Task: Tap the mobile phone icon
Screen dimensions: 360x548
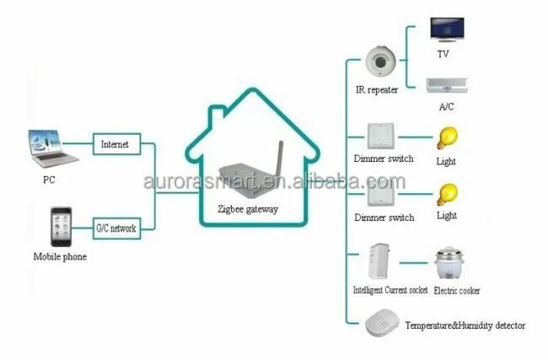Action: (x=60, y=225)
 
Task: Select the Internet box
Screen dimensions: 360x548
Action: (x=115, y=144)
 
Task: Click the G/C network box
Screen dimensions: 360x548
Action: (x=116, y=227)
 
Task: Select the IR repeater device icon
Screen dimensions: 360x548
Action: (x=381, y=61)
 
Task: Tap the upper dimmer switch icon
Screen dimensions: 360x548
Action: (x=380, y=137)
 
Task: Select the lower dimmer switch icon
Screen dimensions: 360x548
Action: (x=380, y=197)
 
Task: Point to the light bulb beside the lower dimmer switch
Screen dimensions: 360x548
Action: (x=446, y=195)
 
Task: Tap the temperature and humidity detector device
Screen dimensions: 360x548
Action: (x=380, y=324)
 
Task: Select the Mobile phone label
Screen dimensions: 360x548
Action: (x=60, y=256)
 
